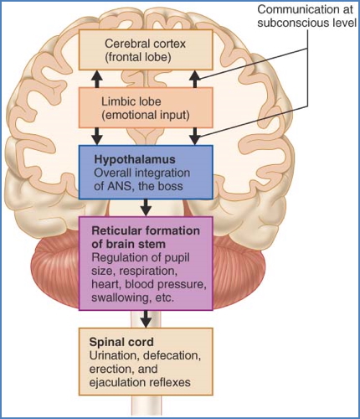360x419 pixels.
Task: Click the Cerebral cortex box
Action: click(146, 49)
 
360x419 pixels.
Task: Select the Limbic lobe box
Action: click(146, 106)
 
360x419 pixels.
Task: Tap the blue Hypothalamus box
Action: click(146, 170)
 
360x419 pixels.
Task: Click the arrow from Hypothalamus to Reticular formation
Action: click(147, 206)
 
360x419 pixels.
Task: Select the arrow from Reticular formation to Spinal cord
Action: click(147, 319)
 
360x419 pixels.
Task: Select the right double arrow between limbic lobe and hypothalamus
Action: click(194, 135)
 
